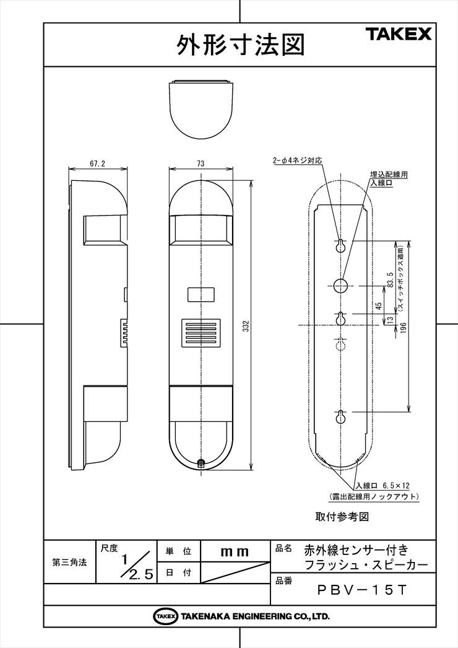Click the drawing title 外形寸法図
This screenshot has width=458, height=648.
[x=241, y=45]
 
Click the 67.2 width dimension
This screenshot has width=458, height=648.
[x=97, y=164]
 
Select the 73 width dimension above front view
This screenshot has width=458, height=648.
[x=201, y=164]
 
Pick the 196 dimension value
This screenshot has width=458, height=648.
[x=403, y=329]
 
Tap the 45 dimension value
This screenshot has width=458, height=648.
[x=379, y=306]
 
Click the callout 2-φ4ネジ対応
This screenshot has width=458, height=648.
[x=297, y=160]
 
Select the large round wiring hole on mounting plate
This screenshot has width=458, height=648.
[x=340, y=284]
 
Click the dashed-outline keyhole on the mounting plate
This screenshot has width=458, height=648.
[x=340, y=343]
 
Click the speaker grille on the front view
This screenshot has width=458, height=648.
[x=201, y=333]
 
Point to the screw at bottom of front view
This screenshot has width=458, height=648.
[x=201, y=463]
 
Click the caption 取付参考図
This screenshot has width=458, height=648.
[x=342, y=516]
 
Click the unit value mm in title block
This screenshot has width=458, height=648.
[x=235, y=552]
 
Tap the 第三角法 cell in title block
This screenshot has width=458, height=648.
[x=69, y=562]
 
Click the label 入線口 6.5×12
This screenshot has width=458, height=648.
[x=383, y=486]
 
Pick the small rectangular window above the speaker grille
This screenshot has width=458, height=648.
[x=201, y=294]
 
